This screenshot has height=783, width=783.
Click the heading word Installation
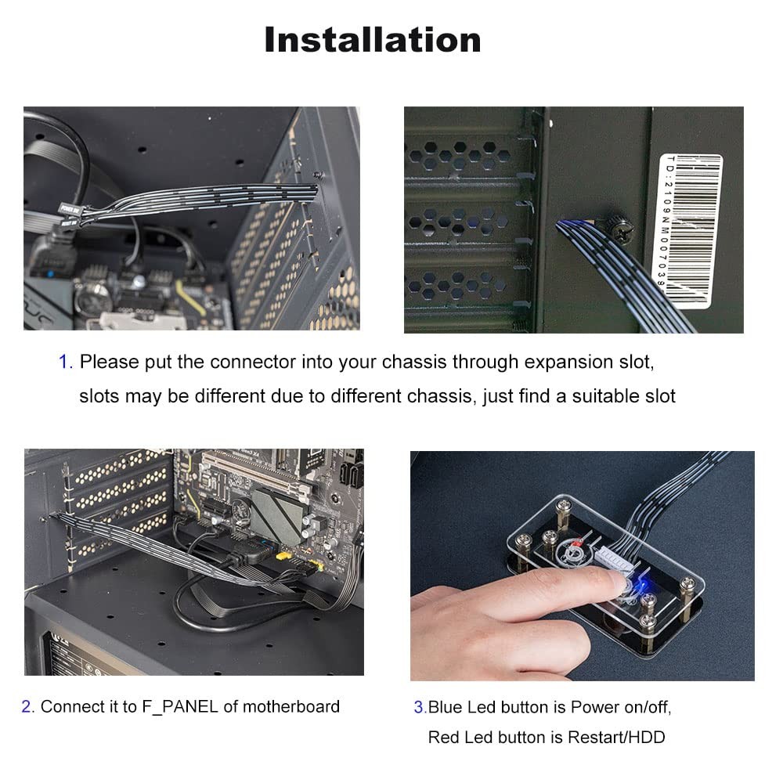pyautogui.click(x=373, y=40)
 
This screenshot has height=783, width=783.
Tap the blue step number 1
pyautogui.click(x=65, y=363)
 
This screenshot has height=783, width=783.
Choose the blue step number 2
pyautogui.click(x=27, y=707)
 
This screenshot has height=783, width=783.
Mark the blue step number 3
pyautogui.click(x=419, y=708)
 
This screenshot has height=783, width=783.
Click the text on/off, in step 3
pyautogui.click(x=643, y=708)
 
